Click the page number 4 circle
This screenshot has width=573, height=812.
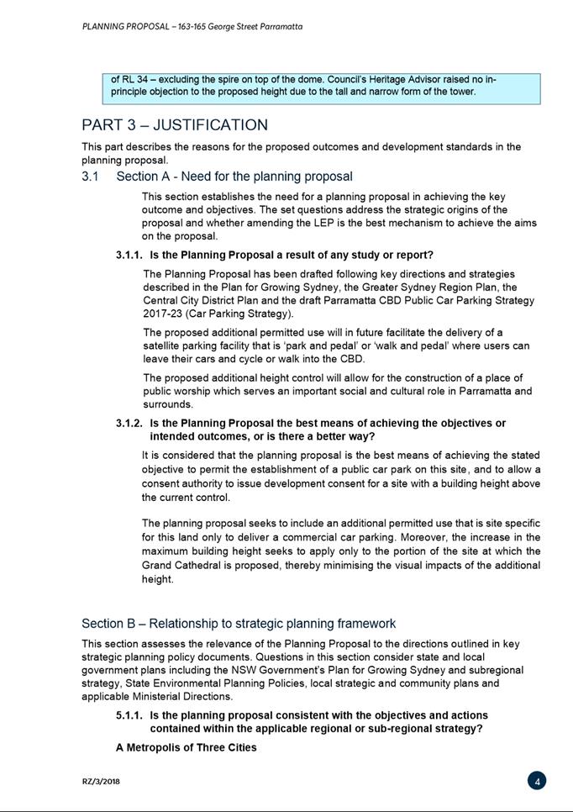(537, 781)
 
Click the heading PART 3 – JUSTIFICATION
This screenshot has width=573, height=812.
(175, 125)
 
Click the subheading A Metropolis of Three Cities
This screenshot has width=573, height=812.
(187, 747)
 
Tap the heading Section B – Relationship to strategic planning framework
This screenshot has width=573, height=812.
(239, 623)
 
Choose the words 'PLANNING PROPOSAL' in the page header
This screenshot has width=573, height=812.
(118, 27)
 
